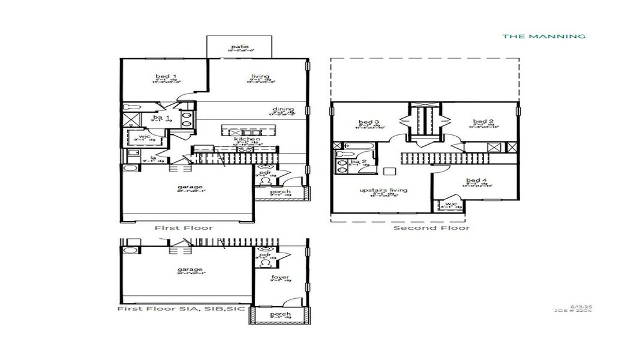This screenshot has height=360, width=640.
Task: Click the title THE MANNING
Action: (543, 37)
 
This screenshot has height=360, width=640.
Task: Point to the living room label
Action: (260, 76)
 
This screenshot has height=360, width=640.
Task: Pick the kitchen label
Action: (247, 139)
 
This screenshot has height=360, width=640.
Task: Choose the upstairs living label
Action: (383, 190)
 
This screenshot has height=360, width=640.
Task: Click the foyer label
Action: (280, 277)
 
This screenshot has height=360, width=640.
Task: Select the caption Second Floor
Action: (431, 228)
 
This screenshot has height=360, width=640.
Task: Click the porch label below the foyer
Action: (280, 314)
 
